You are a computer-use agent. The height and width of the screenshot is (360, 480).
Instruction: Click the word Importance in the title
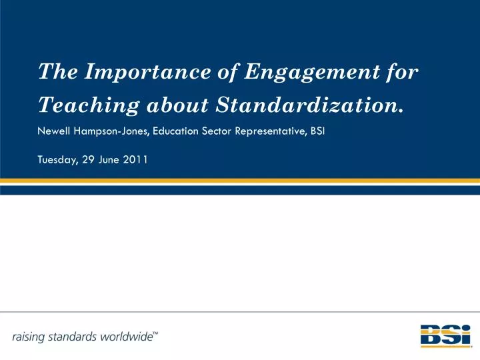coord(148,72)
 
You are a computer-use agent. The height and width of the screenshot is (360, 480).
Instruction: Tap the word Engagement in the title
coord(312,73)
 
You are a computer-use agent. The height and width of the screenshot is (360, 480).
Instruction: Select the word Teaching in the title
coord(89,105)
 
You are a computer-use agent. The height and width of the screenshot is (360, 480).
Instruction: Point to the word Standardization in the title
coord(309,105)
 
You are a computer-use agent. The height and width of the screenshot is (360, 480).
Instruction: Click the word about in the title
coord(177,105)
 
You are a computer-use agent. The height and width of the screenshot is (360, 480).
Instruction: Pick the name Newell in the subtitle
coord(54,131)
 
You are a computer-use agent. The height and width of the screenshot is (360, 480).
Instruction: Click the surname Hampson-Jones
coord(111,131)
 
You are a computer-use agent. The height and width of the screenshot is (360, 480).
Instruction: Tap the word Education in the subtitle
coord(176,131)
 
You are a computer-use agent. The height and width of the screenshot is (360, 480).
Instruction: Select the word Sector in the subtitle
coord(217,131)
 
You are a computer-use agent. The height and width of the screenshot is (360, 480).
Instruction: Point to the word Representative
coord(271,131)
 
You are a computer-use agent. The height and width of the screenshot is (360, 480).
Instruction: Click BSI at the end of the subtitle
coord(317,131)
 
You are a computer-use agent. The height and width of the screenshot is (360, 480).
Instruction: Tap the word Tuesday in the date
coord(58,160)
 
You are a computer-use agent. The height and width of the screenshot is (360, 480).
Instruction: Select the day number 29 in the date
coord(88,159)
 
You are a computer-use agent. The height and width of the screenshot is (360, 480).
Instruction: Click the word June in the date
coord(109,159)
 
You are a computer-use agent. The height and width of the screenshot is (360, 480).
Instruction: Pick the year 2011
coord(135,159)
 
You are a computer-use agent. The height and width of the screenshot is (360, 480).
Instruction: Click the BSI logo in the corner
coord(445,336)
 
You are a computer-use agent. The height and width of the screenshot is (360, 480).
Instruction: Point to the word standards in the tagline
coord(73,337)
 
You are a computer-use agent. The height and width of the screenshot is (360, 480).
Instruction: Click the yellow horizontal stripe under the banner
coord(240,181)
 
